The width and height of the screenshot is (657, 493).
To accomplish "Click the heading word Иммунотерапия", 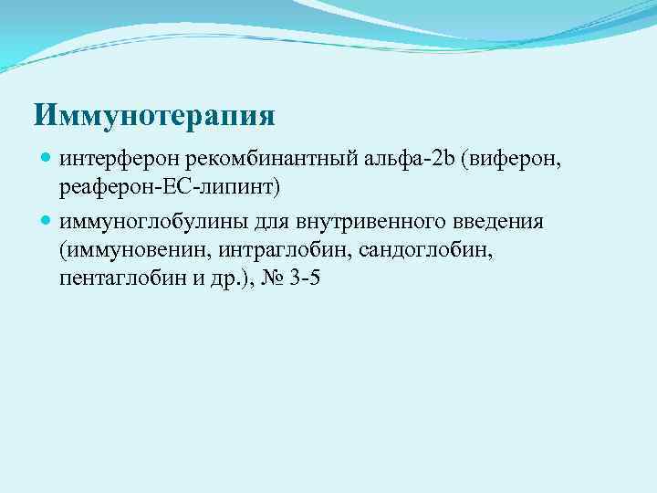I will coord(154,116).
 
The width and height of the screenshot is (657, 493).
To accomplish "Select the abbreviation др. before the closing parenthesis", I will coord(214,280).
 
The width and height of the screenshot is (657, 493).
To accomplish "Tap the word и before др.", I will coord(189,280).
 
